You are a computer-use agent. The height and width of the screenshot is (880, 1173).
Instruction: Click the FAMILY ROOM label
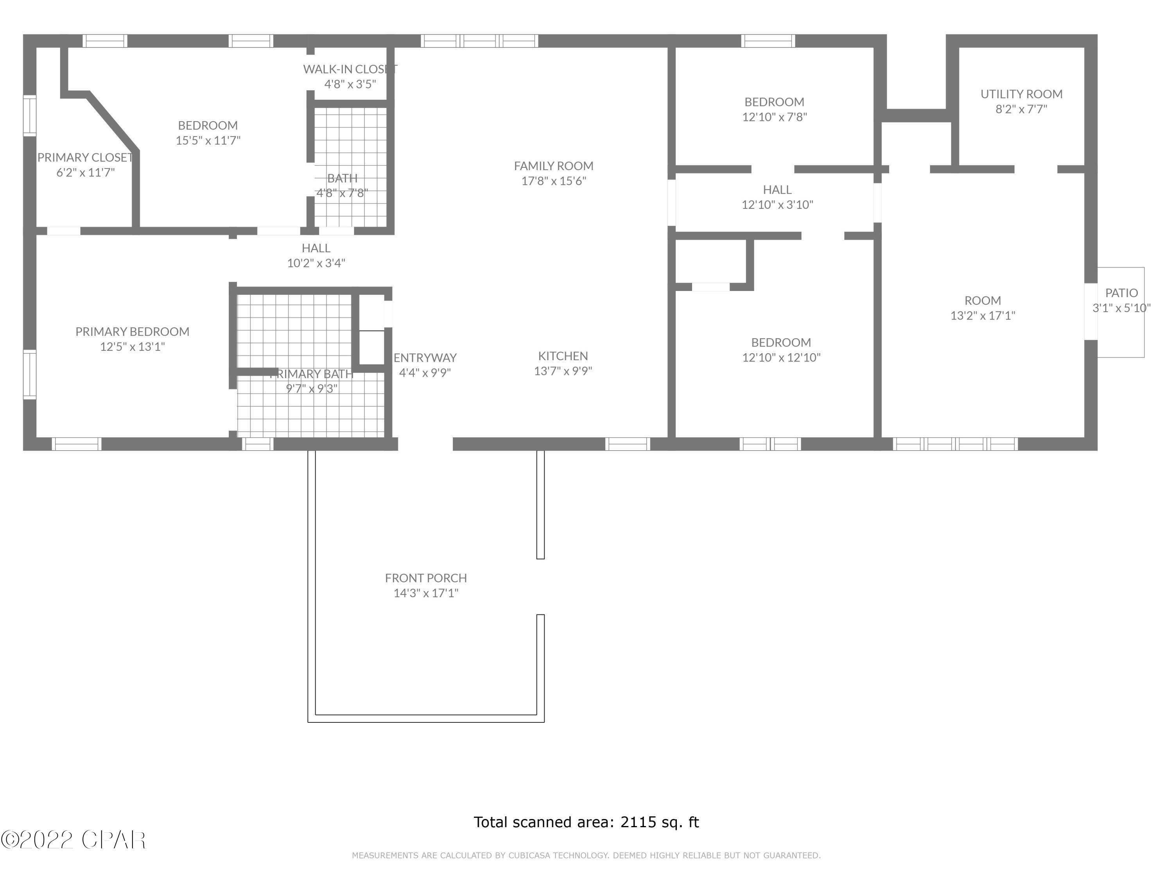point(553,166)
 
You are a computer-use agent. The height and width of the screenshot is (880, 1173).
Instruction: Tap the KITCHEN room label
point(563,356)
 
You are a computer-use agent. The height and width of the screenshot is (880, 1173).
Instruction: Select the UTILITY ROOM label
point(1021,94)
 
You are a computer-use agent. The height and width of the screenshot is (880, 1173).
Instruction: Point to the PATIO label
point(1121,293)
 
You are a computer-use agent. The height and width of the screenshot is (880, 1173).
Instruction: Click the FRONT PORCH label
point(425,578)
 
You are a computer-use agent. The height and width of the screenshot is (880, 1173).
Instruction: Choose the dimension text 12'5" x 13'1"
point(133,347)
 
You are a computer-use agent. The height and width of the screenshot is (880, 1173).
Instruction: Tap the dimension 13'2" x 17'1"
point(982,316)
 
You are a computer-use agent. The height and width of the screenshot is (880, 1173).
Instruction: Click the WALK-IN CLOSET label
point(350,69)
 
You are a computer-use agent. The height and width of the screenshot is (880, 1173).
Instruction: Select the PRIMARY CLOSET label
point(85,158)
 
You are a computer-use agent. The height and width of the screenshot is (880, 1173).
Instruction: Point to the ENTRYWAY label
point(425,357)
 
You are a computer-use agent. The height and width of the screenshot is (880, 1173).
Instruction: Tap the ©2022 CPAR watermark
point(73,840)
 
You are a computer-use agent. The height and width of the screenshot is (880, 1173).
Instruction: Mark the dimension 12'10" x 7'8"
point(774,117)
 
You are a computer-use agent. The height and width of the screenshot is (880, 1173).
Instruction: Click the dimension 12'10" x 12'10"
point(780,357)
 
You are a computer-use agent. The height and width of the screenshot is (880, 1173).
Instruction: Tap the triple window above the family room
point(479,41)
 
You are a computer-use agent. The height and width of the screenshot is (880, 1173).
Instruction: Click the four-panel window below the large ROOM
point(955,444)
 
